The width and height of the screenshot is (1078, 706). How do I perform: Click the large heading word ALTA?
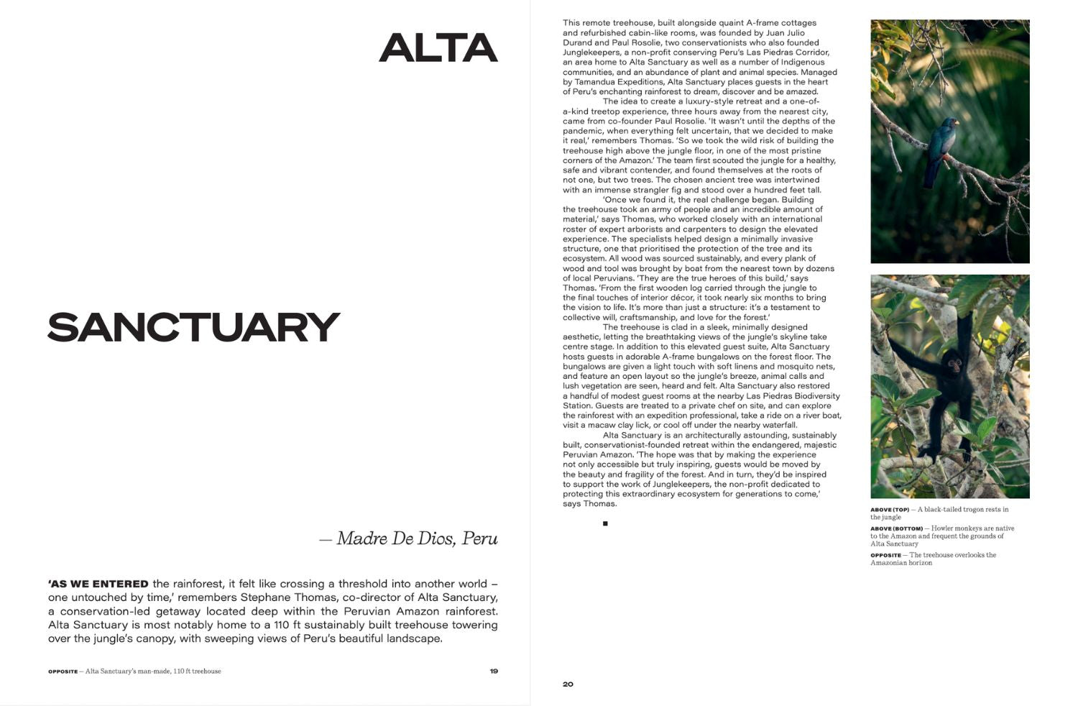pyautogui.click(x=438, y=48)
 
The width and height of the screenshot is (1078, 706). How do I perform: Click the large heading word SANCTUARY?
pyautogui.click(x=193, y=327)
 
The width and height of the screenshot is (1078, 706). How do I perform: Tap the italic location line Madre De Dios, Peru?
pyautogui.click(x=417, y=538)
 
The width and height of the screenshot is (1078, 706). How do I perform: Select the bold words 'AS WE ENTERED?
pyautogui.click(x=98, y=584)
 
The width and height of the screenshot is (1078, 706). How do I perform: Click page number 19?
pyautogui.click(x=494, y=671)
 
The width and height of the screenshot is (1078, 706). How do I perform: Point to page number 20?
pyautogui.click(x=568, y=684)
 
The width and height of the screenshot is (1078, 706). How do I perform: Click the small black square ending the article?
pyautogui.click(x=605, y=523)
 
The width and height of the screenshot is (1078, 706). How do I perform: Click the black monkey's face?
pyautogui.click(x=954, y=366)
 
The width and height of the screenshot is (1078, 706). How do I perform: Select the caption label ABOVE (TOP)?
pyautogui.click(x=890, y=510)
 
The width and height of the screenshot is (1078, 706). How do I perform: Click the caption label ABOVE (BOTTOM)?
pyautogui.click(x=896, y=528)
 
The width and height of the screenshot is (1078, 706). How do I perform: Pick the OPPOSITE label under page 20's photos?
pyautogui.click(x=885, y=555)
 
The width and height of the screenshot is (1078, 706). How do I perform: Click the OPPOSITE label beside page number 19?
pyautogui.click(x=63, y=671)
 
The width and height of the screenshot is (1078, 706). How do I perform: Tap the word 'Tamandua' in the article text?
pyautogui.click(x=594, y=82)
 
